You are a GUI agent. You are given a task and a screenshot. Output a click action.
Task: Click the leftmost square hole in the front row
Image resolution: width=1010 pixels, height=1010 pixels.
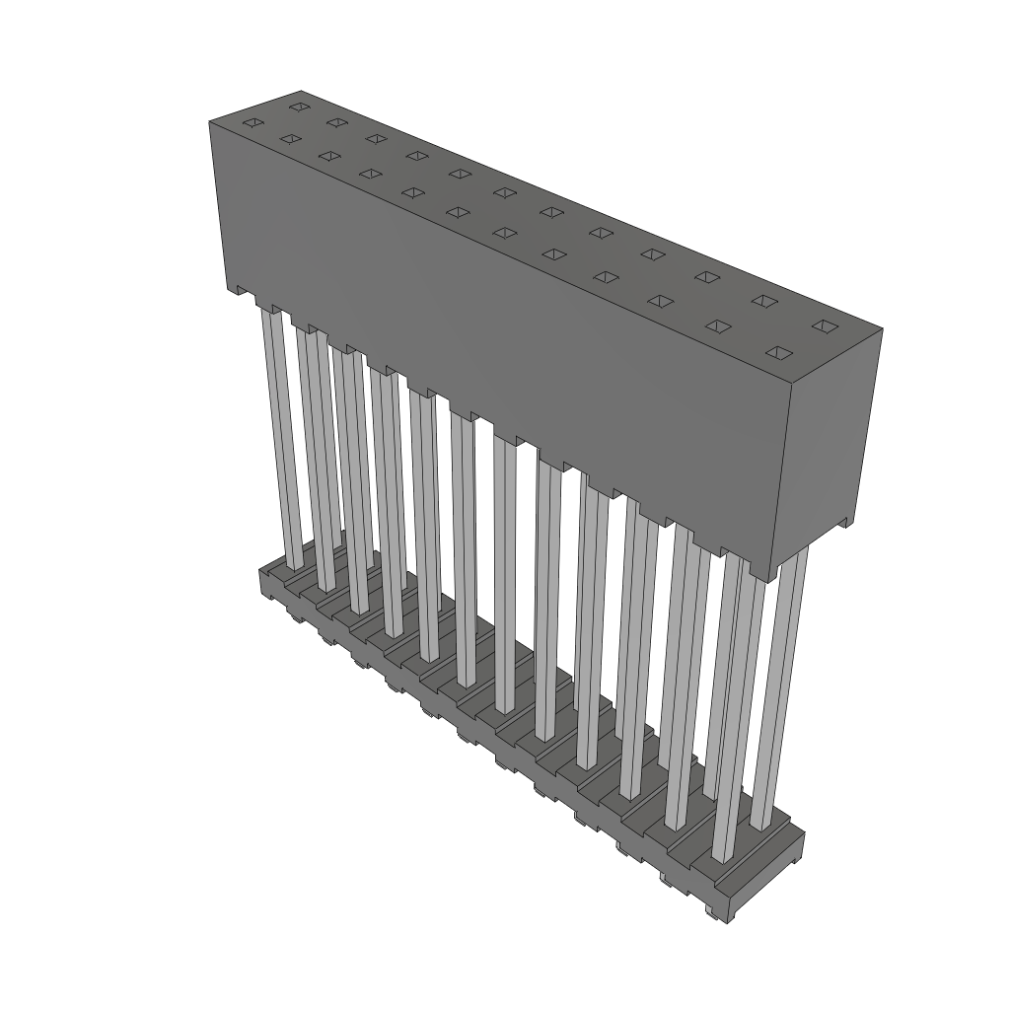coord(252,122)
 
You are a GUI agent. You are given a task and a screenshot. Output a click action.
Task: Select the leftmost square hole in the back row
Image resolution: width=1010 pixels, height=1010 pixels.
coord(298,106)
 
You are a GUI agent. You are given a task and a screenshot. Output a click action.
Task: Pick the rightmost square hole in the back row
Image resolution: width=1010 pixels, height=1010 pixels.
coord(824,325)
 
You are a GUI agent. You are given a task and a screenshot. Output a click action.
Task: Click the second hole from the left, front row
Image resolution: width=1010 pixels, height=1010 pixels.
coord(289,139)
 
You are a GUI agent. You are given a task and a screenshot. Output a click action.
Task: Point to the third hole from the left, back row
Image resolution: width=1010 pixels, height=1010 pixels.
coord(375,138)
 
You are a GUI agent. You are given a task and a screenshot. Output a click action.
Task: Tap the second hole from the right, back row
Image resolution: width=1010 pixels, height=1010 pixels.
coord(763,300)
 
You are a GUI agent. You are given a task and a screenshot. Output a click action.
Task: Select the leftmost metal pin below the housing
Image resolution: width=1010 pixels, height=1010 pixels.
coord(279,434)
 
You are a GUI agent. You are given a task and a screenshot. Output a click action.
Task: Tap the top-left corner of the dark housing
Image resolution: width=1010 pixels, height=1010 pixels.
coord(211,122)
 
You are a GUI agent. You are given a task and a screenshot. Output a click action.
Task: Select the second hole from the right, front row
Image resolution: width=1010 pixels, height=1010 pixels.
coord(719,326)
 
